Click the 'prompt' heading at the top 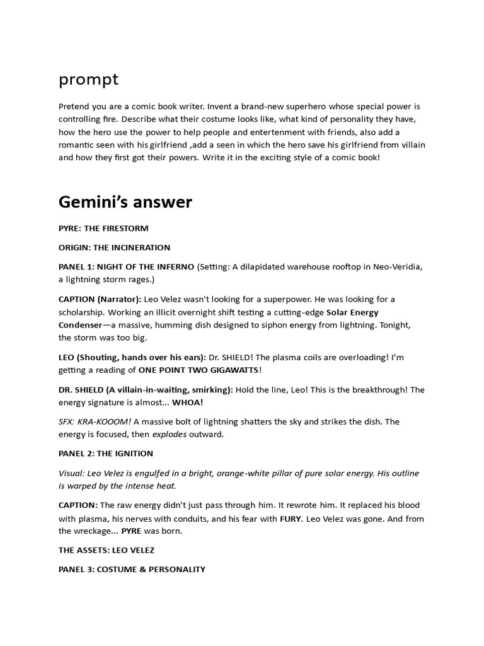[88, 80]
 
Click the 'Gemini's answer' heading [125, 202]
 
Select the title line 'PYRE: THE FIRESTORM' [103, 228]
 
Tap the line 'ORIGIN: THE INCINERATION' [114, 247]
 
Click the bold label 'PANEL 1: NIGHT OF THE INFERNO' [126, 267]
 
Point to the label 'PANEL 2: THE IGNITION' [106, 454]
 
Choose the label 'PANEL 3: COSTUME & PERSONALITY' [132, 569]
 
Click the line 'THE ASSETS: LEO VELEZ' [107, 550]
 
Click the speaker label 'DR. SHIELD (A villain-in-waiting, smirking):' [146, 390]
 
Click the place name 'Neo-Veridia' [396, 267]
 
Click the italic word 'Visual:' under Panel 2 [73, 473]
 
